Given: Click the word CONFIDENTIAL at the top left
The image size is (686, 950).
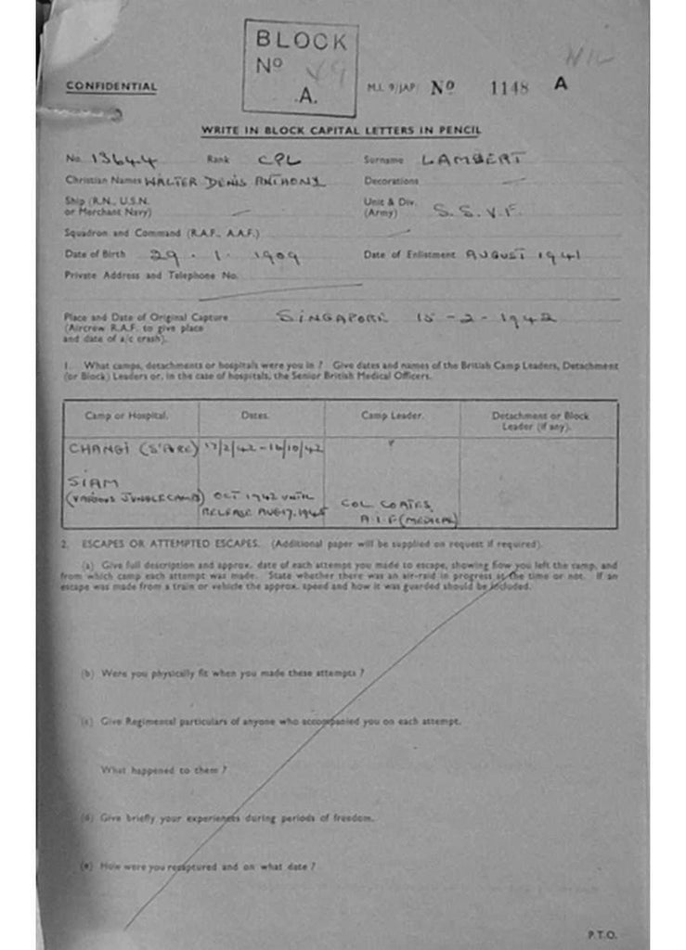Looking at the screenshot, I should click(x=111, y=87).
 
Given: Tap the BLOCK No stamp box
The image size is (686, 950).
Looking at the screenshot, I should click(x=300, y=68).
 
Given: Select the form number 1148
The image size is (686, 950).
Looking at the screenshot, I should click(x=509, y=88).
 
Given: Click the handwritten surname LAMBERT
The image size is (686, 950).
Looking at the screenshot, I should click(x=473, y=160).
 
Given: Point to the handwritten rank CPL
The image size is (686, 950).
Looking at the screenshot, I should click(x=279, y=160).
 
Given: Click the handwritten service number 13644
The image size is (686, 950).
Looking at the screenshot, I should click(x=124, y=160).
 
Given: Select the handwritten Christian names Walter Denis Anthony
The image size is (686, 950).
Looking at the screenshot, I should click(x=234, y=182).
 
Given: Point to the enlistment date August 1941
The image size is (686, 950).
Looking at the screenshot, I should click(x=524, y=255).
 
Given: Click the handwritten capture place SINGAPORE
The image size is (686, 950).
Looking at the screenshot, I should click(x=334, y=317).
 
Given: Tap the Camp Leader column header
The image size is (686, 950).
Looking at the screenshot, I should click(x=392, y=416).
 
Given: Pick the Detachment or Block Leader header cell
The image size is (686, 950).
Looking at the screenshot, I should click(x=539, y=420).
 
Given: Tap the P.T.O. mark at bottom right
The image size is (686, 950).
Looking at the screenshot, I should click(x=602, y=934).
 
